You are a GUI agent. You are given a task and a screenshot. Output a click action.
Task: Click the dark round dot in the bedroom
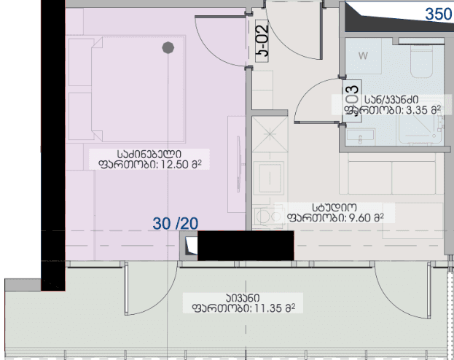(x=168, y=48)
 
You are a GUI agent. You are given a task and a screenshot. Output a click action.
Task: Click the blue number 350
(x=439, y=13)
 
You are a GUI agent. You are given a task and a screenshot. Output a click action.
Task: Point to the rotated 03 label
(x=351, y=94)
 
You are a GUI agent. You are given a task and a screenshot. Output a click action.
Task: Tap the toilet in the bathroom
(x=421, y=64)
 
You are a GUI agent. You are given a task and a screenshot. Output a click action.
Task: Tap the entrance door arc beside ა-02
(x=291, y=29)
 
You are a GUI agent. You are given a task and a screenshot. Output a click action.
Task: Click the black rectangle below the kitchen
(x=245, y=245)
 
